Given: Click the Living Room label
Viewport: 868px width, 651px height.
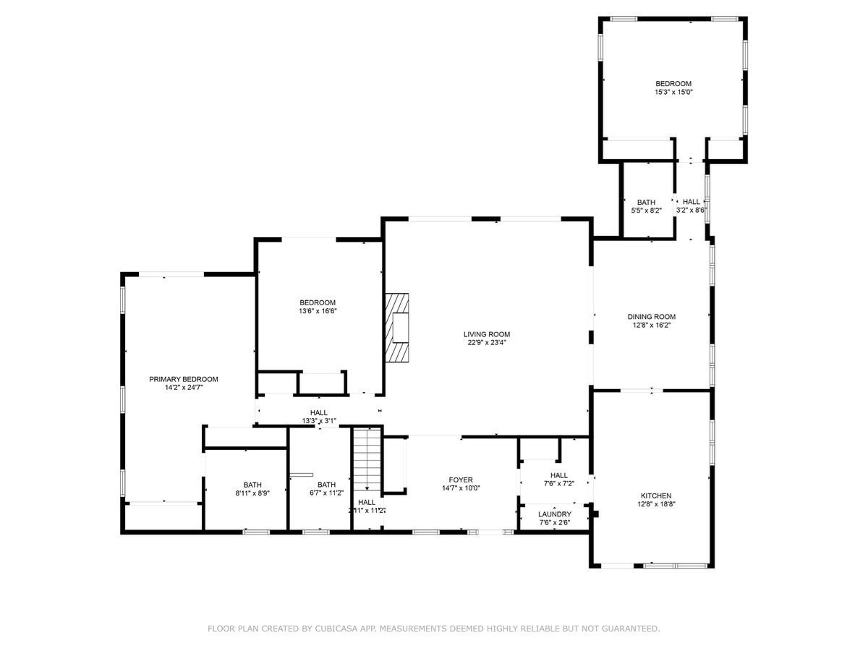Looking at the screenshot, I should click(x=487, y=334).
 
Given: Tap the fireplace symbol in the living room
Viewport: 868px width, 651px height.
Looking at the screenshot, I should click(x=397, y=327).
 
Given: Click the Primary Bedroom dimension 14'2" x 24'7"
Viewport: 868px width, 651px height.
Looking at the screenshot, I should click(x=184, y=388).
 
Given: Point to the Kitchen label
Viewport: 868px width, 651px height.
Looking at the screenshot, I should click(x=655, y=495).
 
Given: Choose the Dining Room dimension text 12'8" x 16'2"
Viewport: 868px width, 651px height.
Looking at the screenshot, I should click(x=651, y=325).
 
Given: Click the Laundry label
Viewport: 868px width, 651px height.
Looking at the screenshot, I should click(x=555, y=514).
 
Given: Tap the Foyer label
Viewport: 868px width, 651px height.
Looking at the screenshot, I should click(x=460, y=480).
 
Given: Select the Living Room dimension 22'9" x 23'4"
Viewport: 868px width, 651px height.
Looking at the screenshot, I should click(x=487, y=343).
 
